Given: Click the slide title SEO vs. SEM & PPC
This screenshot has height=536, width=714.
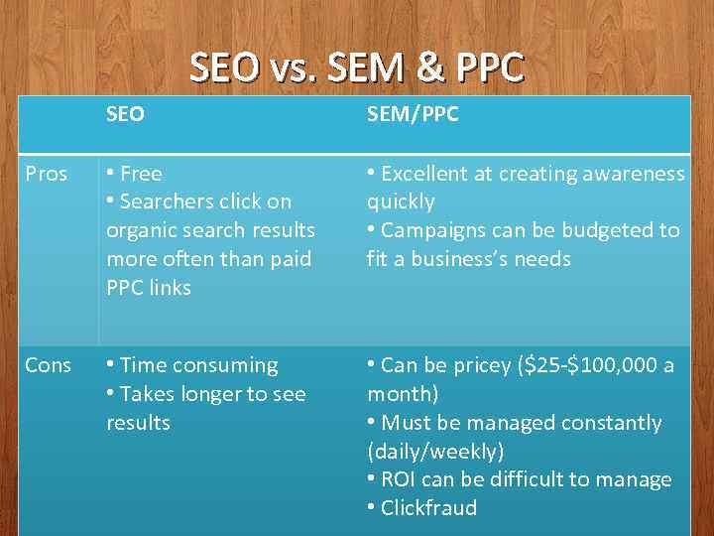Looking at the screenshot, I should coord(356,67).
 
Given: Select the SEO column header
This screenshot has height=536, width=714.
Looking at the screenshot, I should coord(125,114).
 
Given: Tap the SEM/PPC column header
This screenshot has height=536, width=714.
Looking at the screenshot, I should coord(413,114).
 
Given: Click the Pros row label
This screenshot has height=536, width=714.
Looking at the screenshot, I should coord(47,174).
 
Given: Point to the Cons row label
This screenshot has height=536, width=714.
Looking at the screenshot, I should coord(48,365).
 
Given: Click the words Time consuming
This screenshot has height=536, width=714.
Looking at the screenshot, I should coord(198,365).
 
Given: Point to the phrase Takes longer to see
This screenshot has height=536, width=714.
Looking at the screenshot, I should coord(212,394).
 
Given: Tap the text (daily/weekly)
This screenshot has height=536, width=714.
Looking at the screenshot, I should coord(434,452).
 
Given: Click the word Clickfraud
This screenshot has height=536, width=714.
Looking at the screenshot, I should coord(428,508).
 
